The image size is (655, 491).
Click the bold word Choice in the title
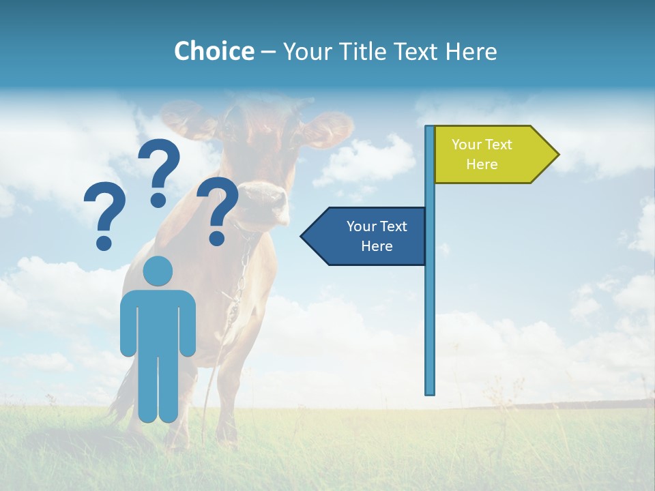pos(214,51)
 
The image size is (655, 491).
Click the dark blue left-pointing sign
pos(368,236)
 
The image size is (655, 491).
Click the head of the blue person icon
pos(158,271)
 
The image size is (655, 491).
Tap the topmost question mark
pos(160,170)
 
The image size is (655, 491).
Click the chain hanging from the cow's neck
pos(239,280)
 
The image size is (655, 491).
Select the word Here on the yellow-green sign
pos(482,164)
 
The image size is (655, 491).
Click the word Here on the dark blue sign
pos(377,246)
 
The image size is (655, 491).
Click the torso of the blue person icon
pos(158,321)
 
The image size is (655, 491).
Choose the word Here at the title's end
pos(471,51)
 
